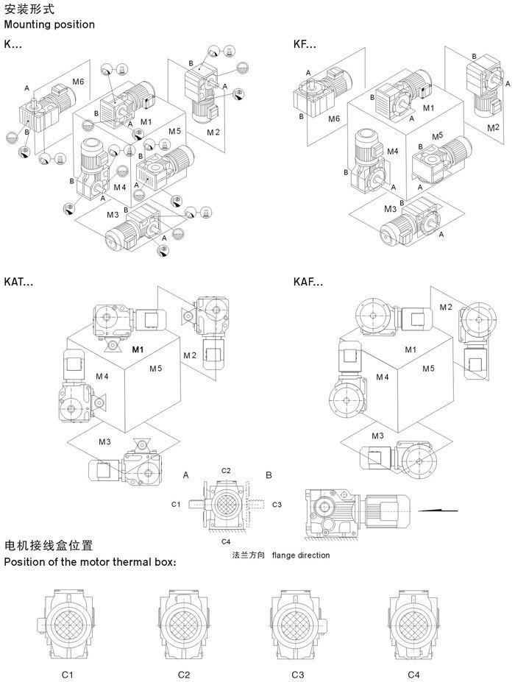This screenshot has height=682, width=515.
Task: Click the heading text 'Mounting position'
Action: tap(49, 24)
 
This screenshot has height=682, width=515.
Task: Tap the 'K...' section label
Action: tap(13, 44)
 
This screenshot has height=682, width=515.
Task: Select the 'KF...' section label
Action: tap(305, 44)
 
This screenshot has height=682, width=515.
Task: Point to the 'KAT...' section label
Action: tap(19, 282)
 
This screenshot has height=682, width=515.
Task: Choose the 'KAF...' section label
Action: tap(308, 282)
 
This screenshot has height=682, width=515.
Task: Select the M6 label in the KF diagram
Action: tap(334, 118)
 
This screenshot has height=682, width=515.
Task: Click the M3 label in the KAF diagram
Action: tap(377, 436)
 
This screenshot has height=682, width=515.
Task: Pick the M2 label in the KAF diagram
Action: tap(446, 307)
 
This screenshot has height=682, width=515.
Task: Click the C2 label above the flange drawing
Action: tap(227, 470)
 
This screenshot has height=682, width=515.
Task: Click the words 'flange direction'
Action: tap(301, 555)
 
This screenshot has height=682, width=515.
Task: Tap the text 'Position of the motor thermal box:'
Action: tap(90, 562)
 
